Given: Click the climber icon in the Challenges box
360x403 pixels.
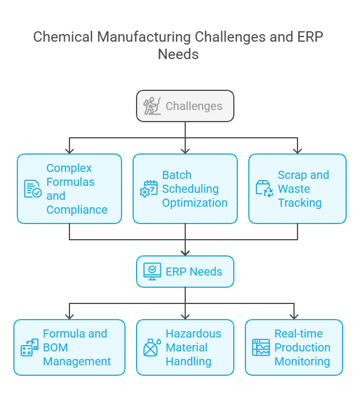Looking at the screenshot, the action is pos(152,106).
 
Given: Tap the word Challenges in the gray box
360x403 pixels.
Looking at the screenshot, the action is pos(194,106).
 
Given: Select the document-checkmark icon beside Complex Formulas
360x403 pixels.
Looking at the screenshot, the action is pos(33,189).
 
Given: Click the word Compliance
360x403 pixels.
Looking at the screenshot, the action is pos(77,210).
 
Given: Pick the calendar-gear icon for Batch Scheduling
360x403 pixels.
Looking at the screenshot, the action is pos(149,189).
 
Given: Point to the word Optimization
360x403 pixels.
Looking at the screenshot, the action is pos(195,203).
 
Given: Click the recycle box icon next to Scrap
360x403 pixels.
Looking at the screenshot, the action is pos(265,189).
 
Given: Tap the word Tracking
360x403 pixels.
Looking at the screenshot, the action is pos(300,203).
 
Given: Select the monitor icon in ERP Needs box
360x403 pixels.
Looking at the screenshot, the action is pos(152,272).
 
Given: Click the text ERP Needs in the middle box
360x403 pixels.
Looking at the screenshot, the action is pos(194,272).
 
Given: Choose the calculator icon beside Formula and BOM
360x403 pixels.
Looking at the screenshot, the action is pos(30,347).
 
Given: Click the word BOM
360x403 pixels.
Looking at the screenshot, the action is pos(56,347).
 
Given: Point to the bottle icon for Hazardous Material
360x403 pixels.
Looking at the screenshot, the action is pos(152,347).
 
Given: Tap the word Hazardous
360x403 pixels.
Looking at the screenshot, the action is pos(193,334).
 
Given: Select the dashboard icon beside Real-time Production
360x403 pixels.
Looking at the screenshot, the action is pos(261,347).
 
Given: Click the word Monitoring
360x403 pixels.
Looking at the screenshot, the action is pos(302,361).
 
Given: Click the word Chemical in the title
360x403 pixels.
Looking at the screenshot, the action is pos(63,36).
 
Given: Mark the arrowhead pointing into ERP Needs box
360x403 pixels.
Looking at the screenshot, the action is pos(185,253).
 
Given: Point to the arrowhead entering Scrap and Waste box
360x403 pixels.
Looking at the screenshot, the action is pos(297,151).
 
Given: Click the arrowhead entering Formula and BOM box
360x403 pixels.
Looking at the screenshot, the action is pos(69,317).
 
